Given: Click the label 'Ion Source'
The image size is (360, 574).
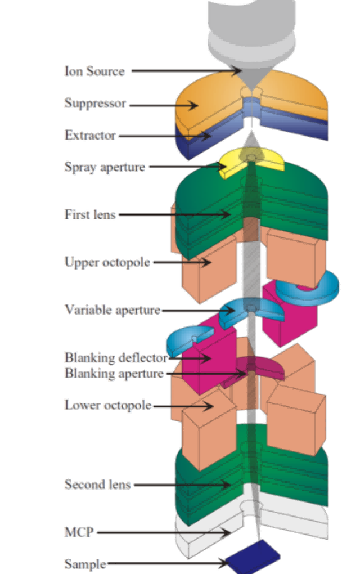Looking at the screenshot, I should coord(94,71).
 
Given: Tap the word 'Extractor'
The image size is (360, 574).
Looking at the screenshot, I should coord(90,136).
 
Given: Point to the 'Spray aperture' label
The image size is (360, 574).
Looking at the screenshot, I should coord(105,167).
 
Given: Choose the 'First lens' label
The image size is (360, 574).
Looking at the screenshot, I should coord(89,214).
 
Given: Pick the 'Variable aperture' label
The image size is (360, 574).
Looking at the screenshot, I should coord(112,310).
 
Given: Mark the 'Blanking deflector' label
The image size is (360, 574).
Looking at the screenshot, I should coord(115,358).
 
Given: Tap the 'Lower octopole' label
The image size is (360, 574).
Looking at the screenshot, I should coord(107,405).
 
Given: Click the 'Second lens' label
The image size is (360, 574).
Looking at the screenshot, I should coord(97,484).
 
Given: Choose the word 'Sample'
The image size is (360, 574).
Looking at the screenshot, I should coord(85,563).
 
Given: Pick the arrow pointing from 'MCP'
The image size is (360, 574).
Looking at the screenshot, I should coord(163,532).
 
